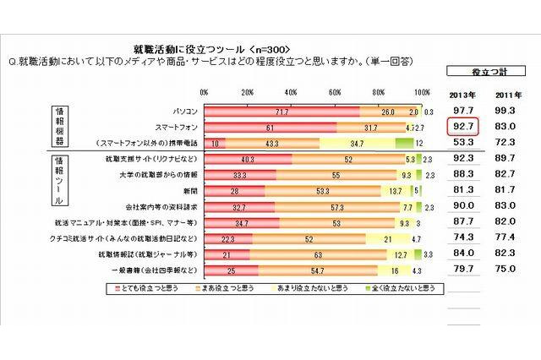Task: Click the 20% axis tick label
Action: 248,92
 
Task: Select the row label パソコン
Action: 184,111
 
